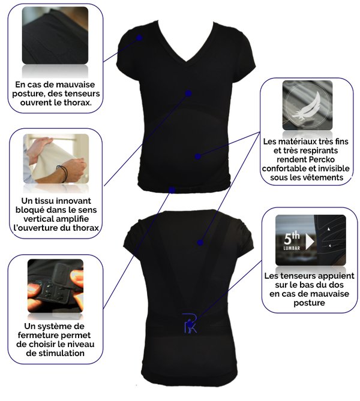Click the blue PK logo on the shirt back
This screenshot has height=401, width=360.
(x=190, y=322)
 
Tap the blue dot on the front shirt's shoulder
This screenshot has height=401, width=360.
(x=139, y=38)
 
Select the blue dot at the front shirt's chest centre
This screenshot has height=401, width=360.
(x=188, y=94)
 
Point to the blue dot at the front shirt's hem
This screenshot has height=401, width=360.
(x=172, y=190)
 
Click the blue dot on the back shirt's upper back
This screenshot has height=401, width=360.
(x=200, y=242)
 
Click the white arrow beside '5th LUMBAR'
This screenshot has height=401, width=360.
(x=310, y=242)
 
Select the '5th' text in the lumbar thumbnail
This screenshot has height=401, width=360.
(x=292, y=238)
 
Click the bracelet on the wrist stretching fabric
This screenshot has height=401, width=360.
(x=63, y=173)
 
